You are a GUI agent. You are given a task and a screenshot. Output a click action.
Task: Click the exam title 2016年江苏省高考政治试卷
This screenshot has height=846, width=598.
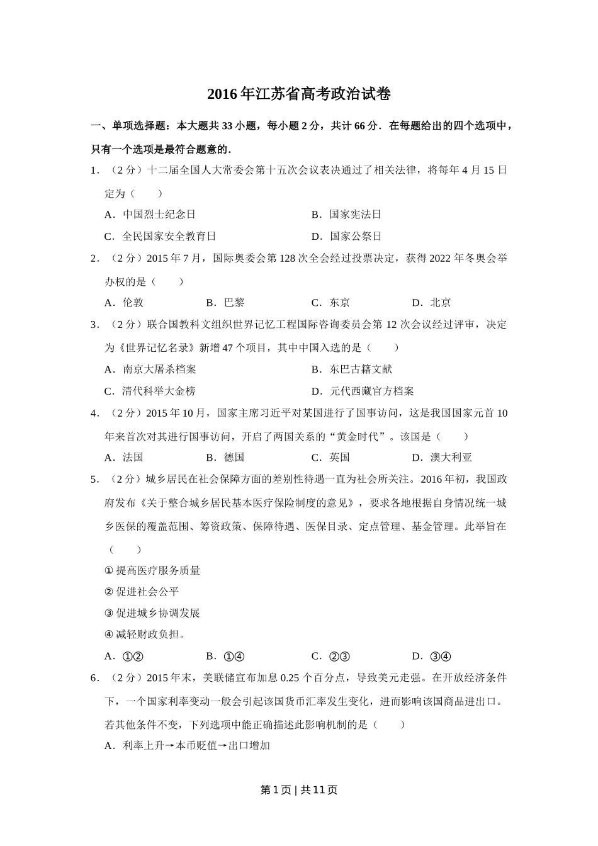pyautogui.click(x=299, y=95)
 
